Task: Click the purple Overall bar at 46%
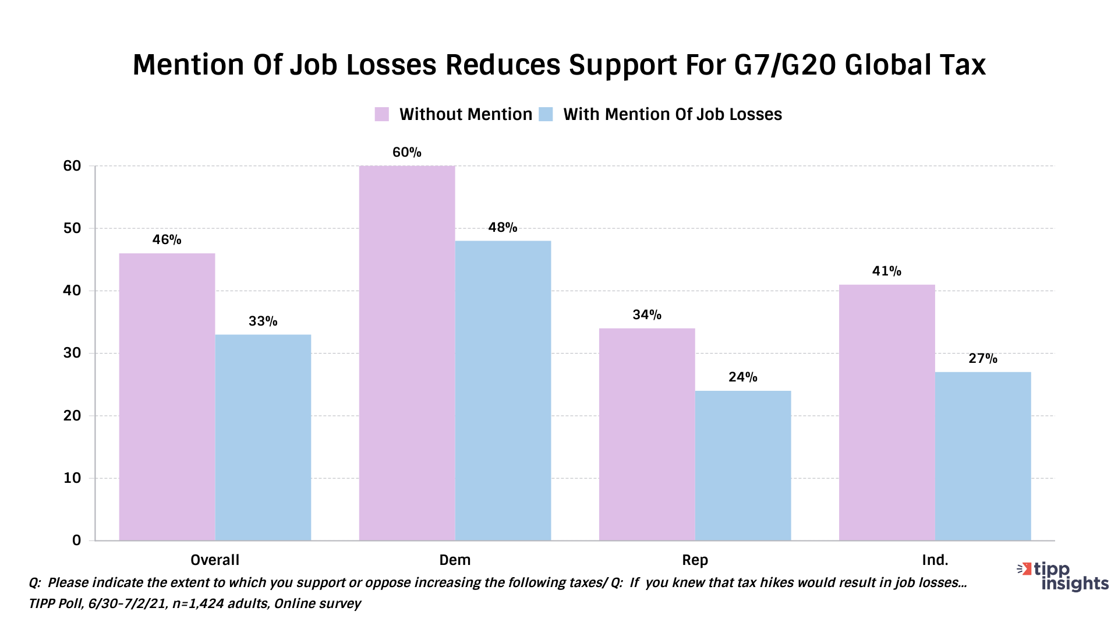(167, 397)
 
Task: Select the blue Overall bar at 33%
(263, 437)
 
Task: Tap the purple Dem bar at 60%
(407, 353)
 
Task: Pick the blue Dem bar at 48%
(503, 390)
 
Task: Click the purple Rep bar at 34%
(647, 434)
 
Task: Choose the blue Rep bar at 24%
(743, 465)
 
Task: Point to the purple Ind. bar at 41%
(887, 412)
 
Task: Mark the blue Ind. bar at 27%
(983, 456)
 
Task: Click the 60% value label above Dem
(406, 153)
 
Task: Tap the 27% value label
(983, 359)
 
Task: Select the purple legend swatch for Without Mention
(382, 114)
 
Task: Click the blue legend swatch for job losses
(546, 114)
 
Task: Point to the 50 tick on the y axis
(72, 228)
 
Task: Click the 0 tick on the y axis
(76, 540)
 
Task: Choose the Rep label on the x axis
(695, 560)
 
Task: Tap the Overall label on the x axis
(215, 560)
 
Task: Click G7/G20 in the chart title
(784, 65)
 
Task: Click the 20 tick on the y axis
(72, 416)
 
